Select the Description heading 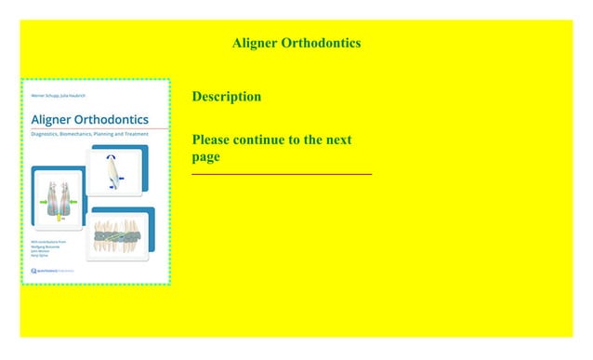[226, 97]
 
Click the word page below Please [206, 157]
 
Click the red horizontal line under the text [281, 174]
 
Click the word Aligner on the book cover [53, 119]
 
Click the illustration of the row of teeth [118, 236]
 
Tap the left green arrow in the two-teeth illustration [43, 201]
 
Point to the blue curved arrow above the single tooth [115, 156]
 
